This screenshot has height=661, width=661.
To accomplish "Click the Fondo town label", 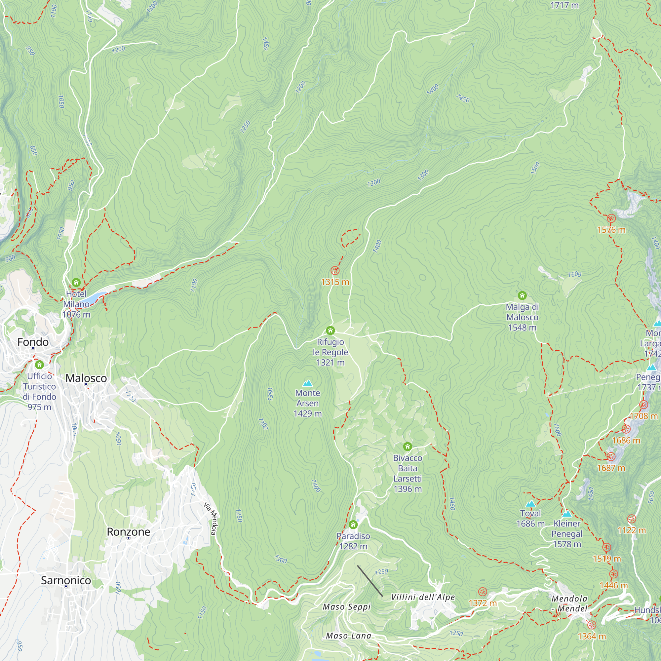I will (x=33, y=342).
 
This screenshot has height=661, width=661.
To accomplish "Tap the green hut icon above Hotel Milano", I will (x=76, y=283).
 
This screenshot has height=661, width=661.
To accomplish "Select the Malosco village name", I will (x=86, y=378).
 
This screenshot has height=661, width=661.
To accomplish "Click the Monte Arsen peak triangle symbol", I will (x=308, y=383).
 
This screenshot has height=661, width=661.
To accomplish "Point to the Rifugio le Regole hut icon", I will (x=330, y=330).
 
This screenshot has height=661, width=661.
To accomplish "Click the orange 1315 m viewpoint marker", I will (x=335, y=271).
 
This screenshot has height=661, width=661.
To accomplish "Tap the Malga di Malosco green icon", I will (x=522, y=295).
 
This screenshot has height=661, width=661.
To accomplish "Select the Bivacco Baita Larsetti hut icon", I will (x=407, y=447).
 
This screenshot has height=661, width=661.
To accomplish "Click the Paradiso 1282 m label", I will (x=353, y=541).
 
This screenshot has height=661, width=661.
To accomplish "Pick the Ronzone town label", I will (x=128, y=532).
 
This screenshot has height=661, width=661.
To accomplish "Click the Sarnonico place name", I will (x=66, y=580).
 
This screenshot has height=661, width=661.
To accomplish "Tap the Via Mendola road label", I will (x=211, y=518).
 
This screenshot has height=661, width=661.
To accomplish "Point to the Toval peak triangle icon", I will (x=530, y=504).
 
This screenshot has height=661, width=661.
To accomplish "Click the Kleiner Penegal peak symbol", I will (x=567, y=514).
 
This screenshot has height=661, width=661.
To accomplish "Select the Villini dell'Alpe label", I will (x=423, y=597).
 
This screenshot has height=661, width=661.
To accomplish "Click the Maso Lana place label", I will (x=348, y=636).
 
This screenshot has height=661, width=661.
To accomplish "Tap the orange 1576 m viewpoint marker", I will (x=611, y=218).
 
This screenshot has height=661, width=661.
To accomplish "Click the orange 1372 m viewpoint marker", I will (x=483, y=592).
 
